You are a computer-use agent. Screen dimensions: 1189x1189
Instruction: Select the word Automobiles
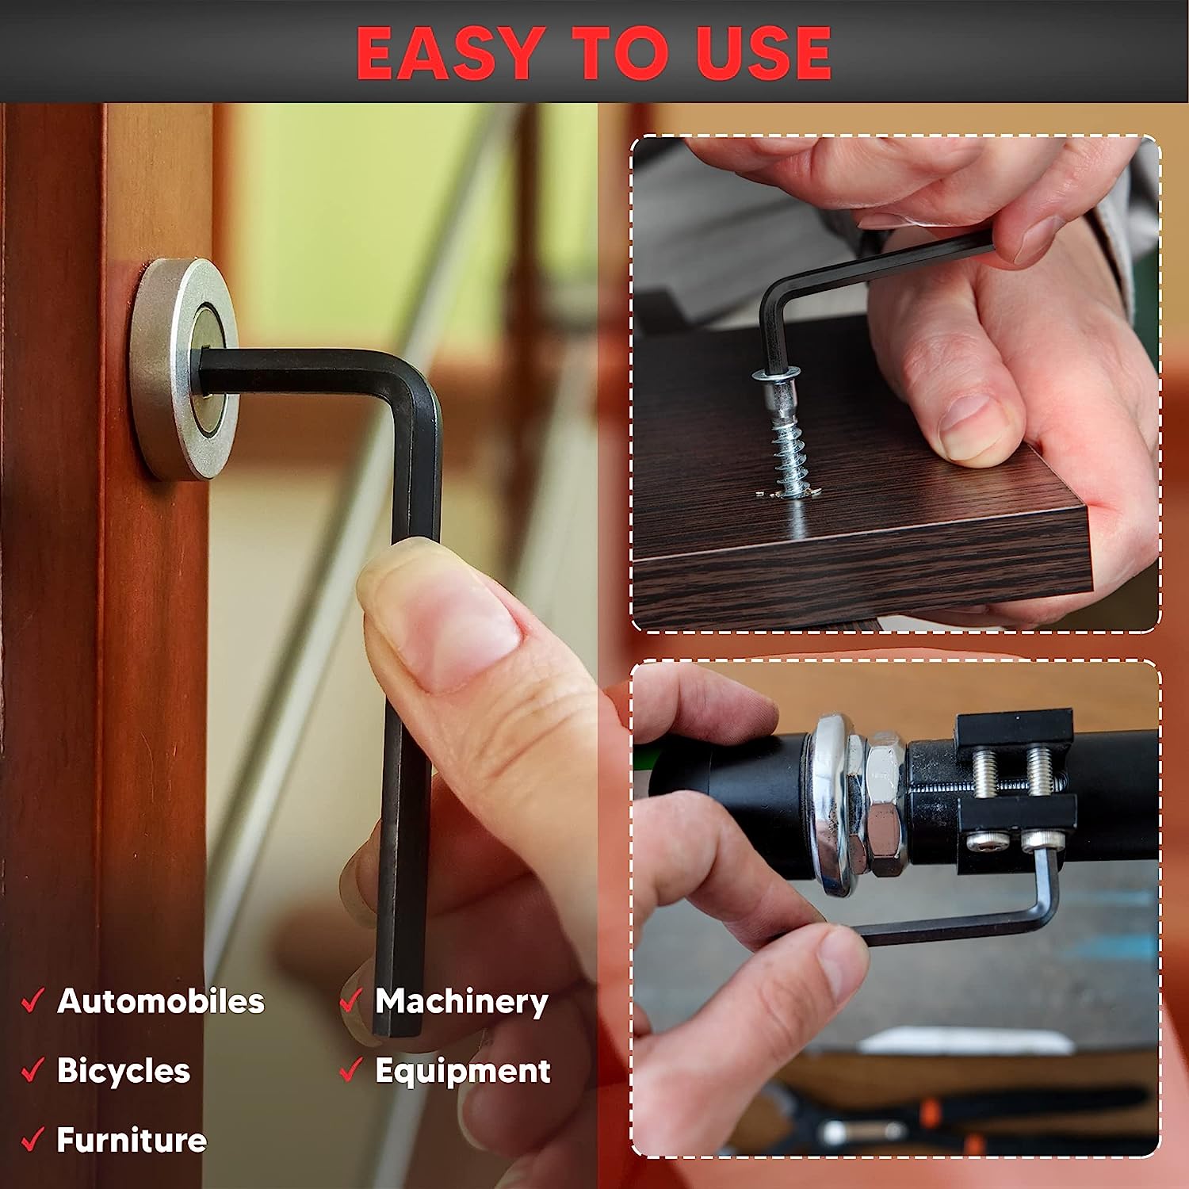[161, 1001]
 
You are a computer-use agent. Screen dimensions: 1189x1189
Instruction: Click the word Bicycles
[124, 1071]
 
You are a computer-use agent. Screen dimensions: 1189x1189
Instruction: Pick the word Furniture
[132, 1140]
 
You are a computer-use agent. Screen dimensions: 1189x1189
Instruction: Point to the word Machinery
[461, 1002]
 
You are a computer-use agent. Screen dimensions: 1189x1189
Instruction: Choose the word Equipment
[463, 1072]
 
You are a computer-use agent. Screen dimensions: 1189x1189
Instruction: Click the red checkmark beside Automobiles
[32, 1000]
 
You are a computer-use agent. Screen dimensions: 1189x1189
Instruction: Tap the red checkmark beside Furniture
[32, 1139]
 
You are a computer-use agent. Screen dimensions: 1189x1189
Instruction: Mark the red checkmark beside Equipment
[350, 1070]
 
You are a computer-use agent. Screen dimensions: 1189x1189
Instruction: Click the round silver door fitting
[184, 369]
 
